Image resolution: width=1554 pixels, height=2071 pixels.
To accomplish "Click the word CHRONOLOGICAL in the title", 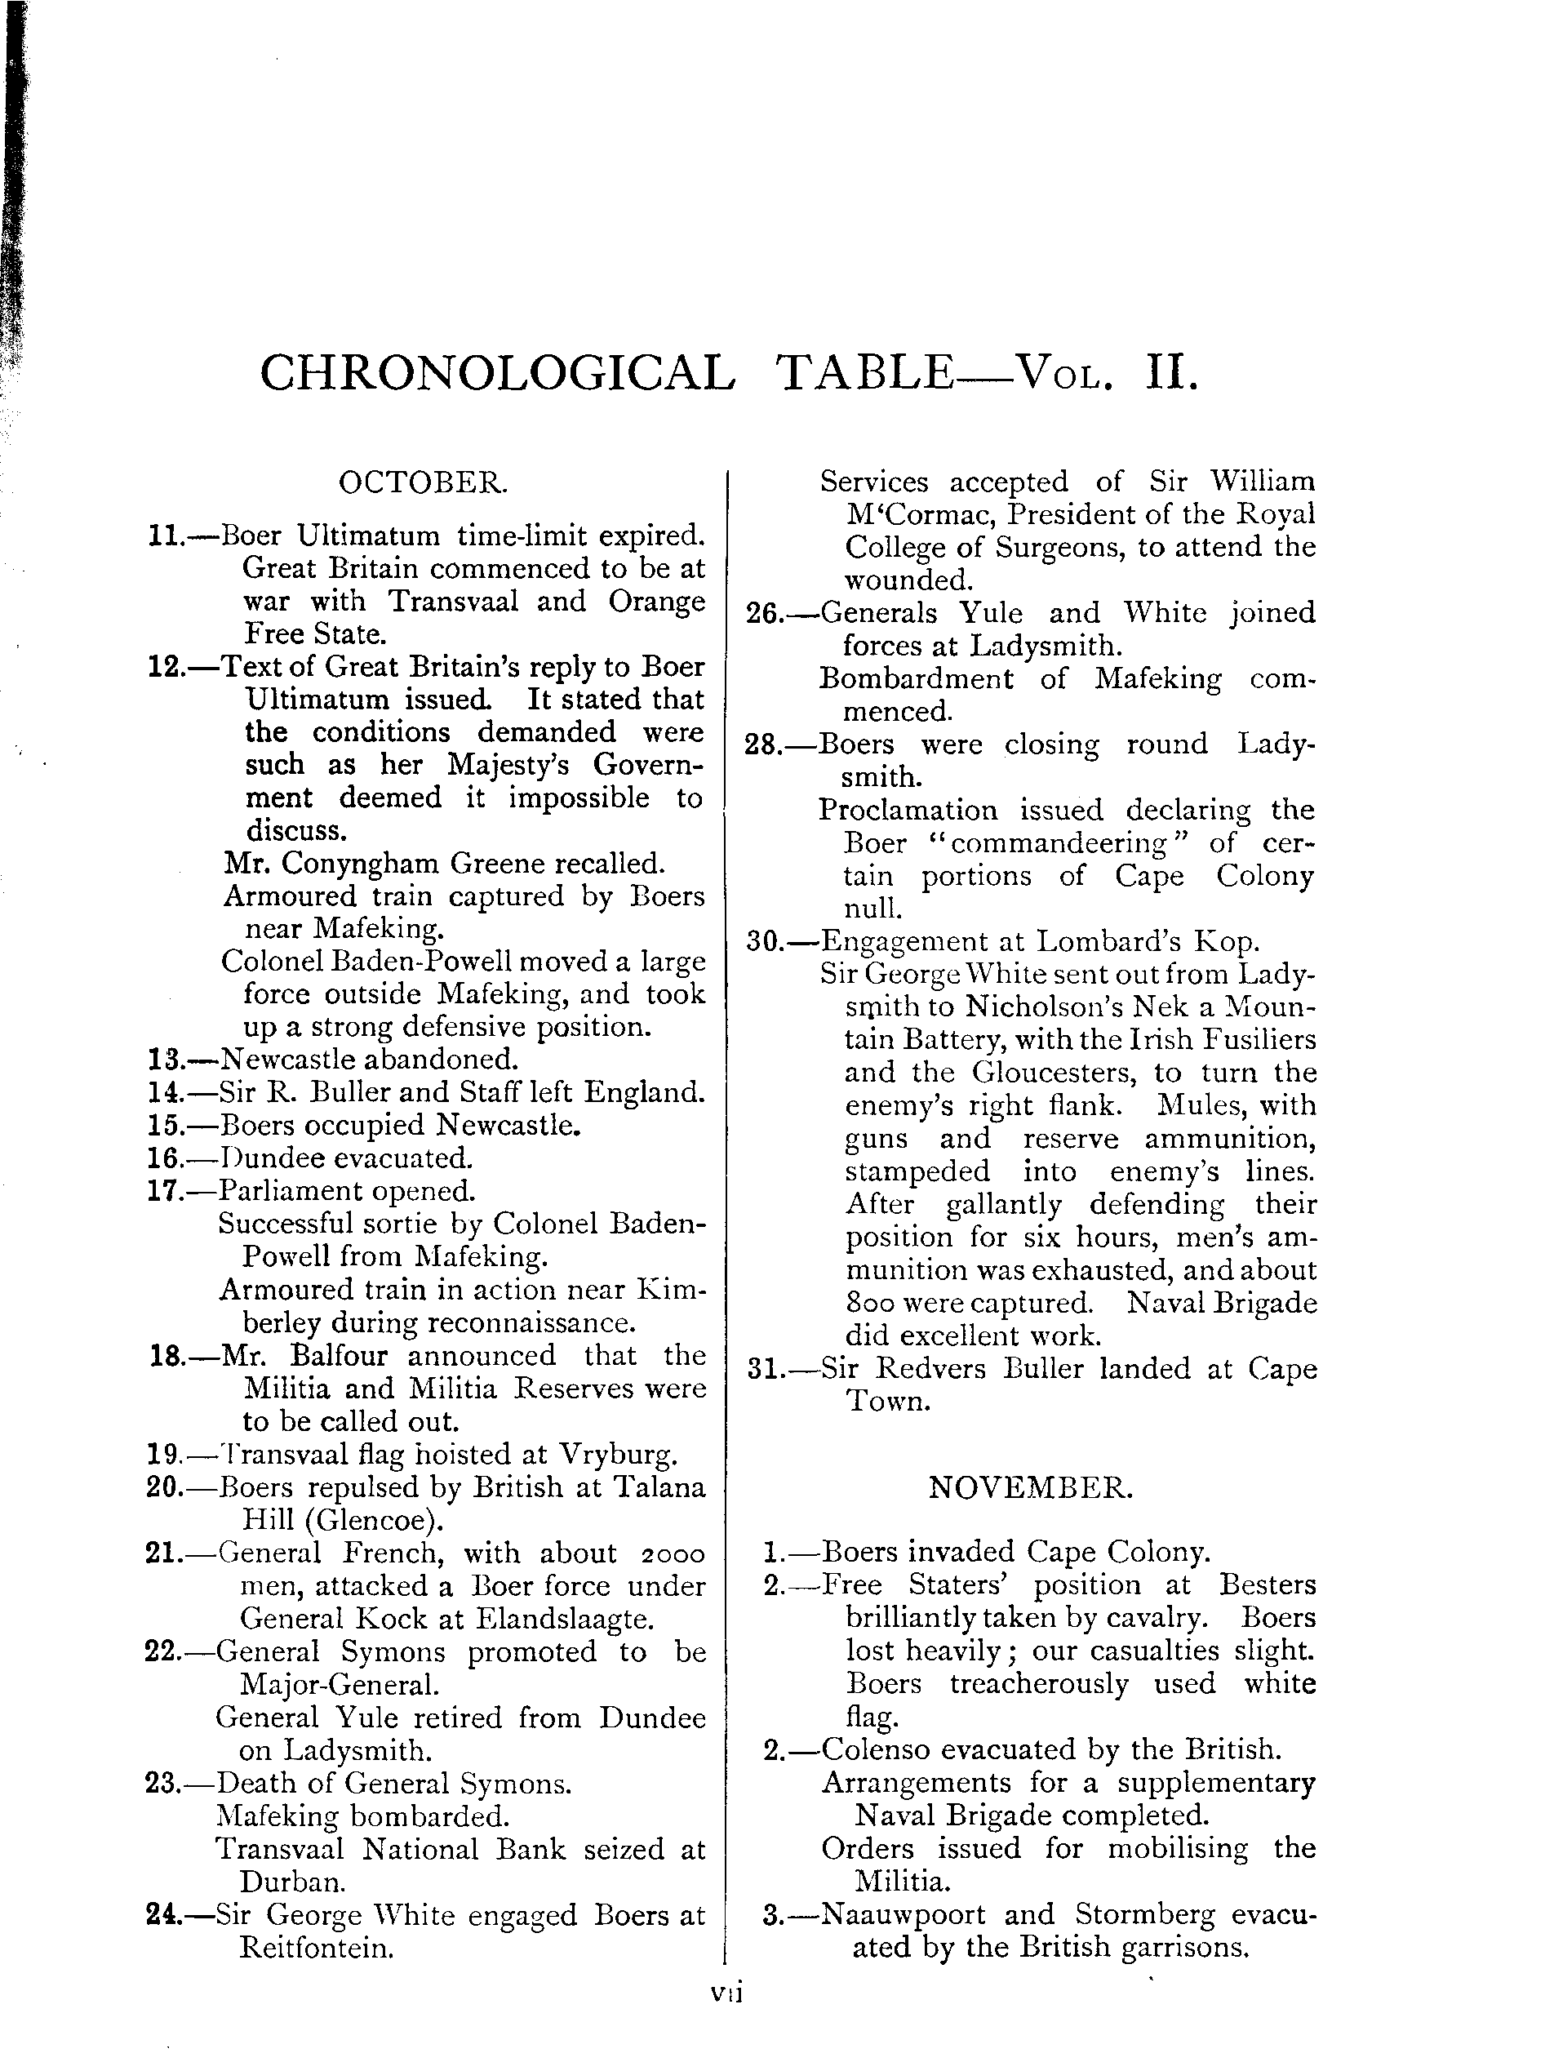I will (497, 374).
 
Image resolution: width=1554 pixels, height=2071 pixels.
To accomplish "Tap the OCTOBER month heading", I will (423, 482).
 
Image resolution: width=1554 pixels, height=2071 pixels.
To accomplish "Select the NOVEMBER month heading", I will (1031, 1487).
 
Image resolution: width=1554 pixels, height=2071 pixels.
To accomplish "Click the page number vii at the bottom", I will (726, 2020).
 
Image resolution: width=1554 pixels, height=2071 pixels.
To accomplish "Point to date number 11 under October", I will (165, 536).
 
